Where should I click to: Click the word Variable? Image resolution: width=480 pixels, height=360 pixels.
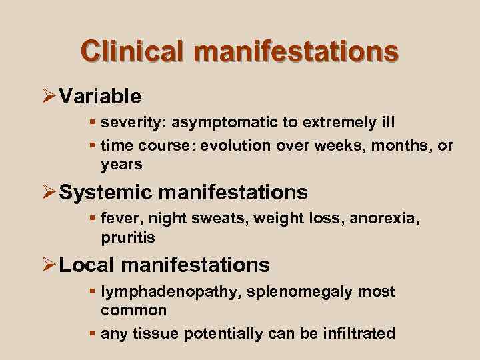click(100, 97)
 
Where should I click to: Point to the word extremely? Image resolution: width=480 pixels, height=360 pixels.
click(336, 123)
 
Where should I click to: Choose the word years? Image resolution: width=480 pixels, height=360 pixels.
click(121, 163)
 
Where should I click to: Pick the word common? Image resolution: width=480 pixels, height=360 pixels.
click(134, 311)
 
